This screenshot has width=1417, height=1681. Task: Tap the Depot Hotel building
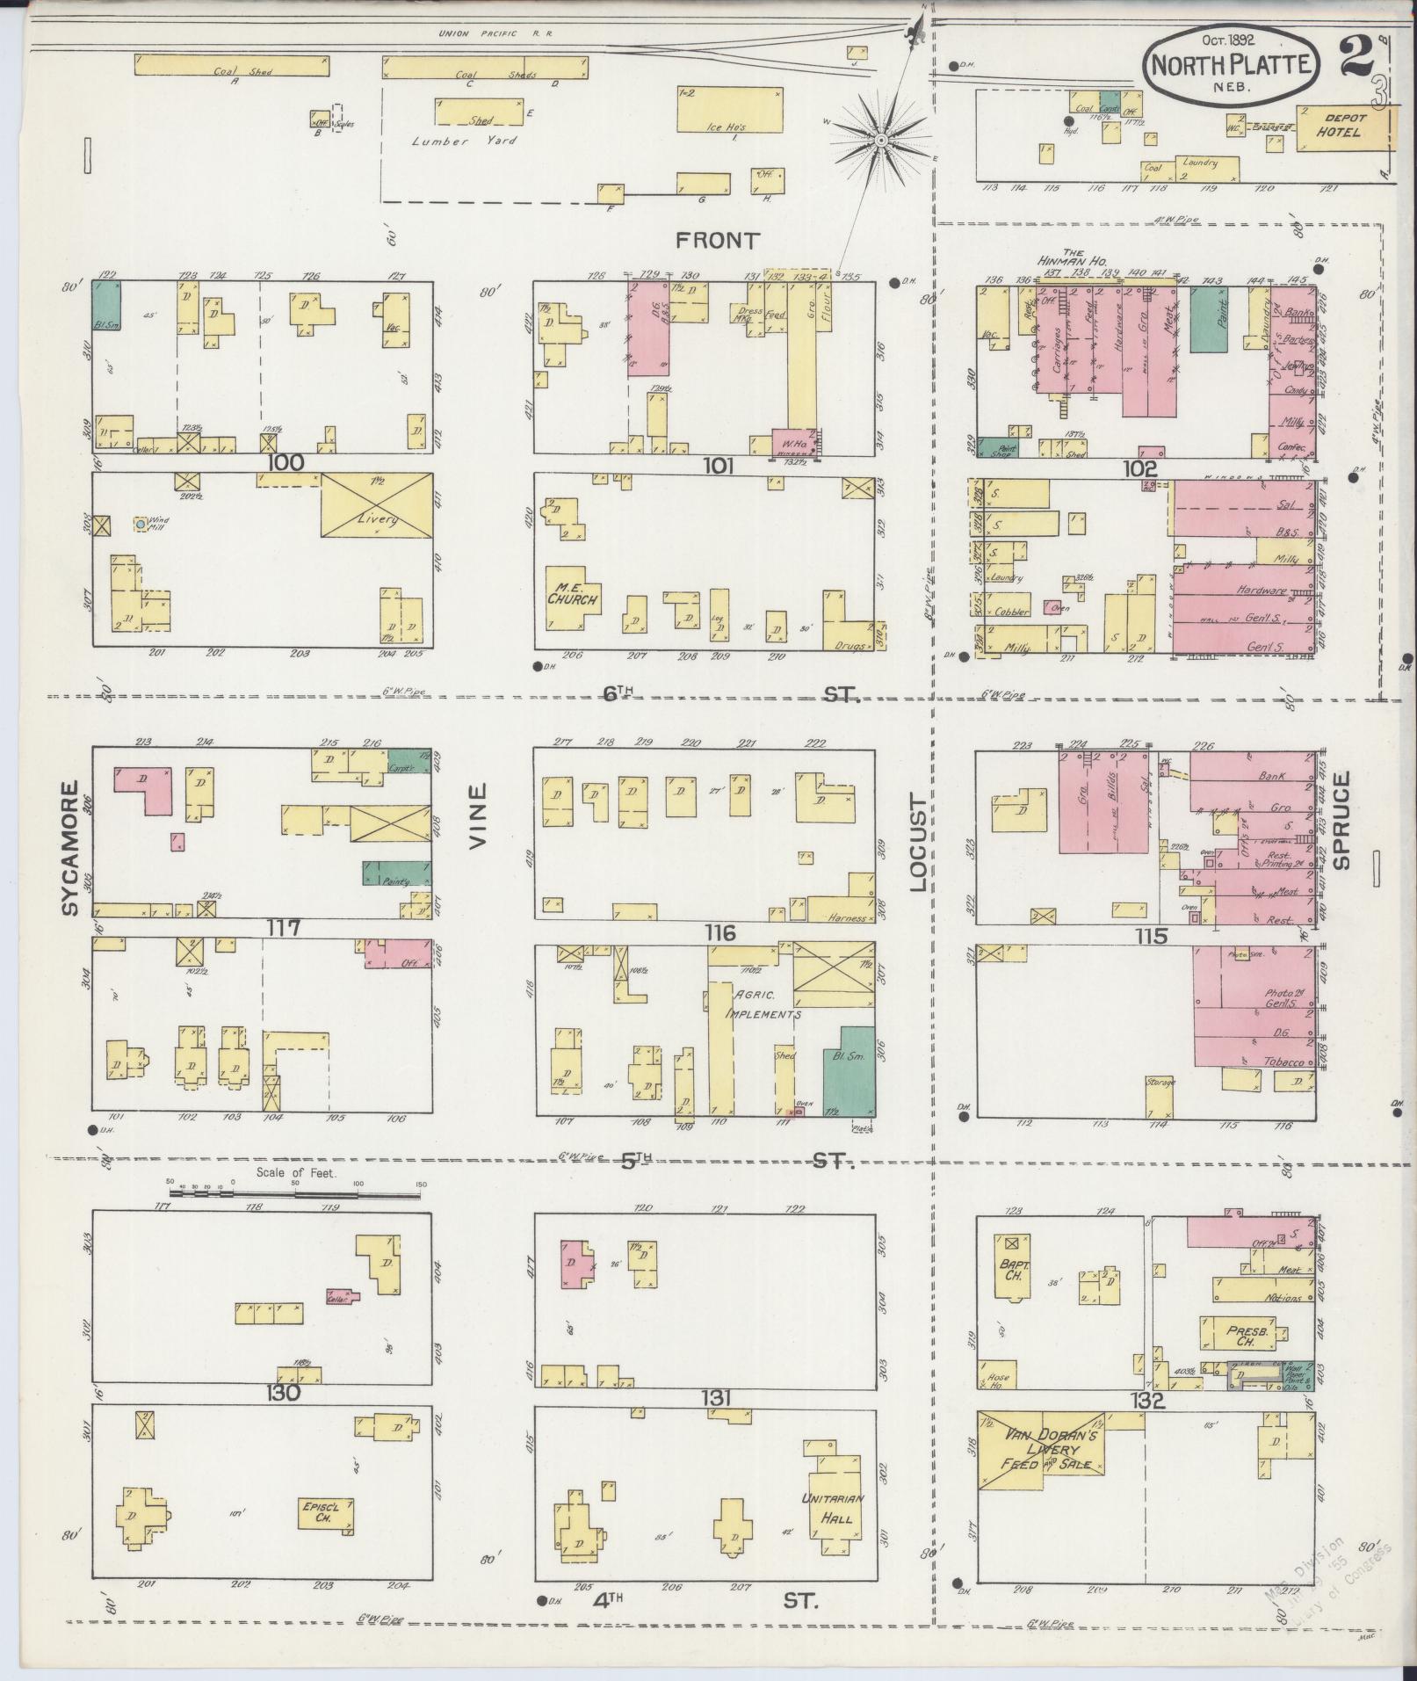(x=1341, y=129)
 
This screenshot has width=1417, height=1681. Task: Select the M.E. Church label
(x=572, y=594)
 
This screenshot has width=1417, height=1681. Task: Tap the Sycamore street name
(x=71, y=847)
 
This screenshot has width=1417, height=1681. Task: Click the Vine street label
(x=477, y=816)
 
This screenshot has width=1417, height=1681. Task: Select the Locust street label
(x=917, y=843)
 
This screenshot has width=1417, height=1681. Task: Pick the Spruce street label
(x=1341, y=819)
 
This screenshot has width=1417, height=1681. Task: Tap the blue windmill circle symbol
(x=141, y=525)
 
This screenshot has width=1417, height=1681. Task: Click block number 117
(x=286, y=928)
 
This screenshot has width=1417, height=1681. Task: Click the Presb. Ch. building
(x=1239, y=1333)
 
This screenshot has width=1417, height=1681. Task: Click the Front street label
(x=716, y=240)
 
